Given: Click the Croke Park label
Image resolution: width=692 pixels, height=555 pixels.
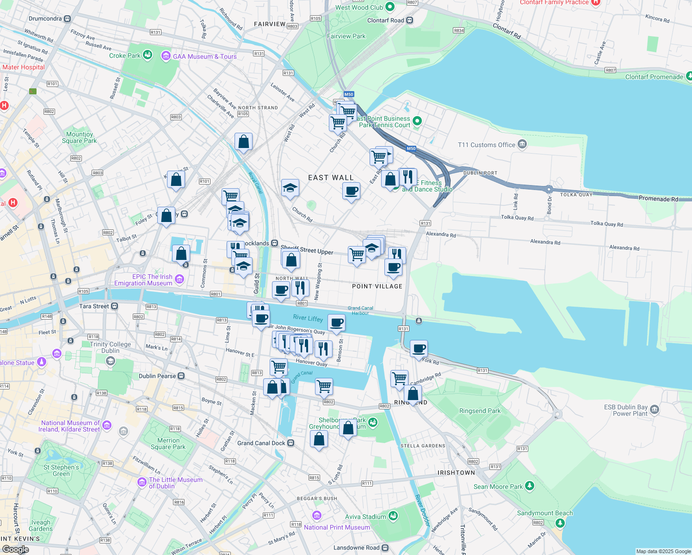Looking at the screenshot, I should (124, 55).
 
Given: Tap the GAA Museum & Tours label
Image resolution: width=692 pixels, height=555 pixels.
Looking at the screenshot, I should (204, 56).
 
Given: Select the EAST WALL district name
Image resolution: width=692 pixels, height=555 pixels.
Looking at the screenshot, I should (331, 178).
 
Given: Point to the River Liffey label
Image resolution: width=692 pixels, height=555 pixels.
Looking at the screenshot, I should (308, 318).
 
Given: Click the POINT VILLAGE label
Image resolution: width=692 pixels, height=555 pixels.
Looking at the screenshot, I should (377, 286).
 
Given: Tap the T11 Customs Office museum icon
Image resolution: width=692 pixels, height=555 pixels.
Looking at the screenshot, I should (522, 144).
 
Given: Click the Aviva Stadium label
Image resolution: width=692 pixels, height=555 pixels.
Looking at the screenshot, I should (365, 517).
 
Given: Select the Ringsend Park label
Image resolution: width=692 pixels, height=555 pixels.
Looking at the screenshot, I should (480, 411).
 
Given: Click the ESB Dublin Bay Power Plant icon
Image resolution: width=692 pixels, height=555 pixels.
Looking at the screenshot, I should (654, 409).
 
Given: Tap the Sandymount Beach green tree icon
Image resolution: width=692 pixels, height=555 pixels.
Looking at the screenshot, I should (560, 523).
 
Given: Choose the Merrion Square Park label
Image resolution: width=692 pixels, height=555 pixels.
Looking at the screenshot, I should (168, 444).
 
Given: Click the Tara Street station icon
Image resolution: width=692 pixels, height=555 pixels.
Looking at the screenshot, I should (115, 306).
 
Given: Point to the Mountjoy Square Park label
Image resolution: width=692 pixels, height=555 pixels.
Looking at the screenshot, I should (79, 137).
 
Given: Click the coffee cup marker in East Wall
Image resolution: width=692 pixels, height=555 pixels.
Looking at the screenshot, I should (352, 191).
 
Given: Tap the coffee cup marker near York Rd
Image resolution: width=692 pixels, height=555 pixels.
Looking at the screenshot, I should (419, 349).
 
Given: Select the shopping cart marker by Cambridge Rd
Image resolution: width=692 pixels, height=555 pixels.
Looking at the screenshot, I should (399, 378).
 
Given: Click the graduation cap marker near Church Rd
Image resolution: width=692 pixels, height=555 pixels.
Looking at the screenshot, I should (290, 188).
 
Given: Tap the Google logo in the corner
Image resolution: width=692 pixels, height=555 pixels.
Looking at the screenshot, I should (16, 549).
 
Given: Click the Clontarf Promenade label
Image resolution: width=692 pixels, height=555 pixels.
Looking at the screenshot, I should (654, 77).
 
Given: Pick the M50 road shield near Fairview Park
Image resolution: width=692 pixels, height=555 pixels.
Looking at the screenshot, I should (349, 94).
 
